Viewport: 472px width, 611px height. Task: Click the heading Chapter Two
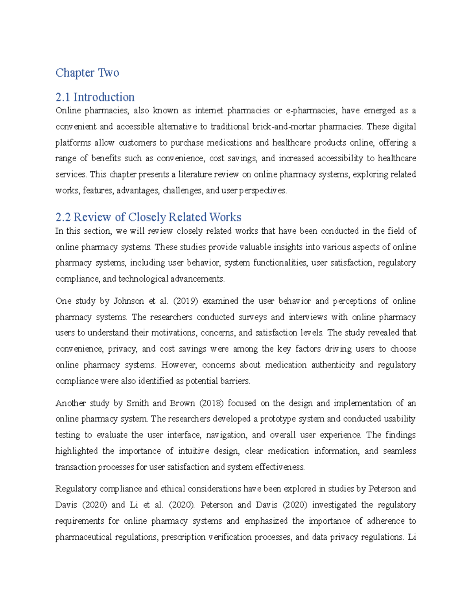click(x=87, y=73)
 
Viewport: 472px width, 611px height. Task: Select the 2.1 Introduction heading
click(x=95, y=97)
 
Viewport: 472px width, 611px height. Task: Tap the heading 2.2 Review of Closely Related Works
click(x=148, y=217)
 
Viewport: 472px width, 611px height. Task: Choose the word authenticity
click(x=333, y=365)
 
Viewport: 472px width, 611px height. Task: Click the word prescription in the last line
click(x=183, y=537)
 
